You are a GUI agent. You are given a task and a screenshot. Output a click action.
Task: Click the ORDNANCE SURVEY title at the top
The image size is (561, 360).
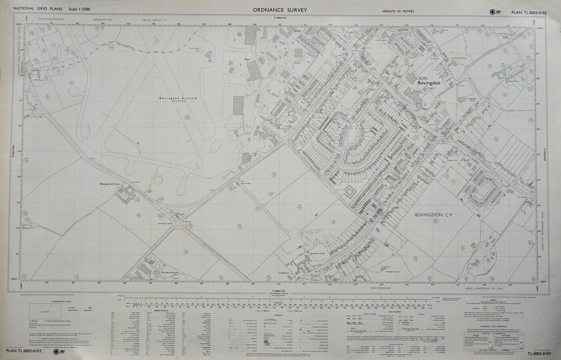pyautogui.click(x=280, y=10)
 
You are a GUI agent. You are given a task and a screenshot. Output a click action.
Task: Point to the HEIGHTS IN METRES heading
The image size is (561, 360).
pyautogui.click(x=398, y=11)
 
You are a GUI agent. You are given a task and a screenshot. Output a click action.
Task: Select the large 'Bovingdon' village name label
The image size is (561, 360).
pyautogui.click(x=429, y=83)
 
